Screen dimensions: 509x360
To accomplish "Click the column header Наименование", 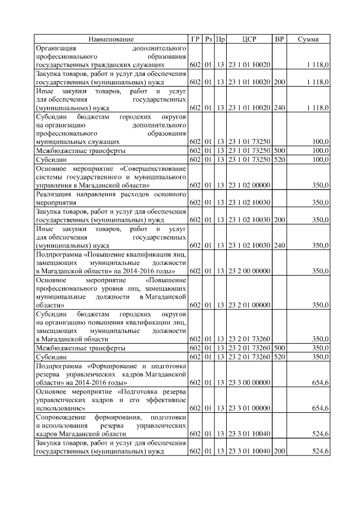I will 111,39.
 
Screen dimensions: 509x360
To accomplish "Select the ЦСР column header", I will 249,39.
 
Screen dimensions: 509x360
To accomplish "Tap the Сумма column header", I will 308,39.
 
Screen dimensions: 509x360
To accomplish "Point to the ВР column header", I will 279,39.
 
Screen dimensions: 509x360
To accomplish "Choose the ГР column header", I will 195,39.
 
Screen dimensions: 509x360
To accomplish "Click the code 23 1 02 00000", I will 249,185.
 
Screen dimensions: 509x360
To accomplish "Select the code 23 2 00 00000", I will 249,271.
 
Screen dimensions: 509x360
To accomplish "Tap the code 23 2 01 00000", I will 249,305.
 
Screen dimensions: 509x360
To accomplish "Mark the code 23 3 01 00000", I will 249,408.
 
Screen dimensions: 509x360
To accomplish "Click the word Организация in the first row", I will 56,48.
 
